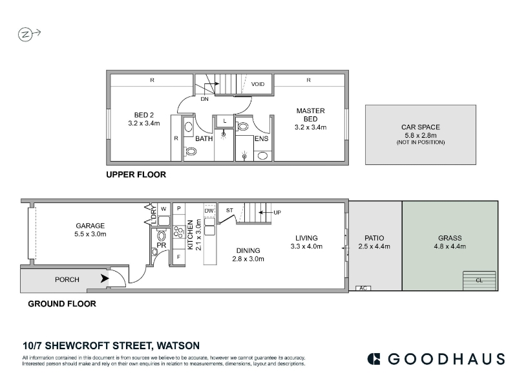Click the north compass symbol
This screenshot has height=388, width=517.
tap(25, 34)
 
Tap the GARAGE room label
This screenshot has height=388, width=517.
tap(90, 226)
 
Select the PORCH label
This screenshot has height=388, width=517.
tap(67, 279)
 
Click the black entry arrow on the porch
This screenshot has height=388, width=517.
tap(105, 279)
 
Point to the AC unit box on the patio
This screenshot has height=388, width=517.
tap(363, 288)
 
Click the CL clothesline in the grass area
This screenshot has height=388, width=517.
tap(480, 281)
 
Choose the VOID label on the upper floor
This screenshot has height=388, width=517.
tap(257, 84)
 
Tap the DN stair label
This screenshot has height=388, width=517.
tap(204, 99)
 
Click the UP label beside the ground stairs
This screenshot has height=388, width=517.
tap(277, 213)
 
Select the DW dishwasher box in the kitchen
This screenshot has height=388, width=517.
tap(209, 210)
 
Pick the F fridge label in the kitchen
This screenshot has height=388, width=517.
tap(179, 257)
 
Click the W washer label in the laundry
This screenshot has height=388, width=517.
tap(164, 209)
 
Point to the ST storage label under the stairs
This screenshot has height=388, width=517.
tap(229, 210)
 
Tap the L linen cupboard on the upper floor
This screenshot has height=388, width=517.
tap(224, 121)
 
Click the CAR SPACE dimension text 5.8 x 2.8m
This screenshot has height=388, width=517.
tap(421, 135)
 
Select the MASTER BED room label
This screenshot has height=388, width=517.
tap(310, 115)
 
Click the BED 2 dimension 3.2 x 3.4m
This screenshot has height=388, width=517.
tap(143, 124)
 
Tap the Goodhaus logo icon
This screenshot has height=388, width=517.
tap(374, 359)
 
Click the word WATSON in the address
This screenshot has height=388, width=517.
tap(178, 346)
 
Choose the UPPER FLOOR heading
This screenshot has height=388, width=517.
tap(136, 175)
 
